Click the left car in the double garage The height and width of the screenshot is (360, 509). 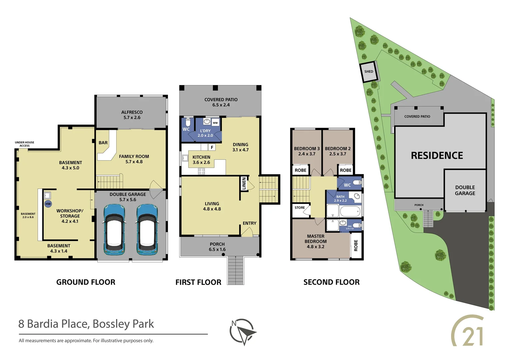[114, 229]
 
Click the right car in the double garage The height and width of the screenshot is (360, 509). [147, 229]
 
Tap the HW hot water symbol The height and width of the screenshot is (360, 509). [48, 204]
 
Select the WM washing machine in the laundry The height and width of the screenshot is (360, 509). [215, 123]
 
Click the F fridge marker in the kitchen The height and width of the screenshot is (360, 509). [212, 147]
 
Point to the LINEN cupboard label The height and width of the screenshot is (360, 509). [244, 184]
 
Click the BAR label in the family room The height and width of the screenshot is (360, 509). [103, 143]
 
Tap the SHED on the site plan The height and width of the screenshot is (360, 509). [369, 72]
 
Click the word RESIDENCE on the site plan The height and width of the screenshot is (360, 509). [437, 156]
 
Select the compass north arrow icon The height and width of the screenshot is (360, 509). [243, 331]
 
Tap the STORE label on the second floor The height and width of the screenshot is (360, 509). [299, 208]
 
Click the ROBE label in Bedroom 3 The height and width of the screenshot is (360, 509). [300, 170]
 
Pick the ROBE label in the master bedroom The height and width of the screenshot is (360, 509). [356, 245]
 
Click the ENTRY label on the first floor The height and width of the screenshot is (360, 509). [250, 223]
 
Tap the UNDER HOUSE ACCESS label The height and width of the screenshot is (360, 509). [24, 144]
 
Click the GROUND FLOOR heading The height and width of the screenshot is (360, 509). [86, 282]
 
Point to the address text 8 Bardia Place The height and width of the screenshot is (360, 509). [86, 324]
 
